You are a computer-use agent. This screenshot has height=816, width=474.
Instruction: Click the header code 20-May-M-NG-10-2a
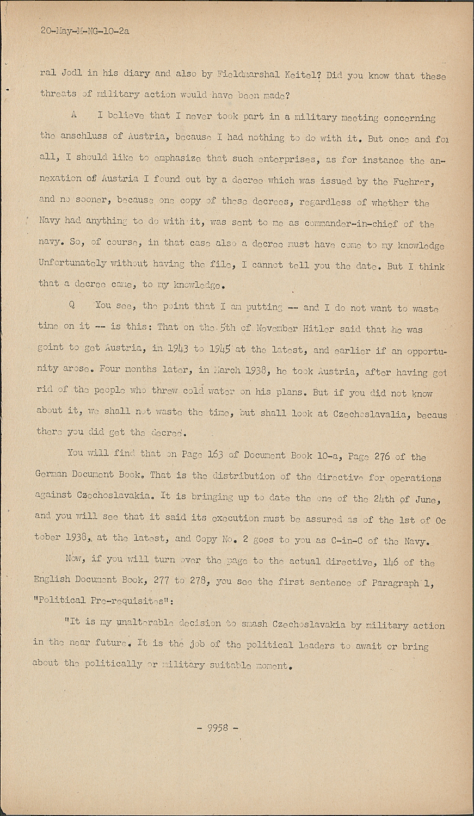[x=85, y=32]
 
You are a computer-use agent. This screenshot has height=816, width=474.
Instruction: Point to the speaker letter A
[x=73, y=115]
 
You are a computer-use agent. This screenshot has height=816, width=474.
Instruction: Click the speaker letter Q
[x=71, y=305]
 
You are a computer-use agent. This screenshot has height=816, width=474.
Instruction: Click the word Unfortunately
[x=72, y=263]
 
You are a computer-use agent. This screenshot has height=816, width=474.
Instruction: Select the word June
[x=427, y=499]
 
